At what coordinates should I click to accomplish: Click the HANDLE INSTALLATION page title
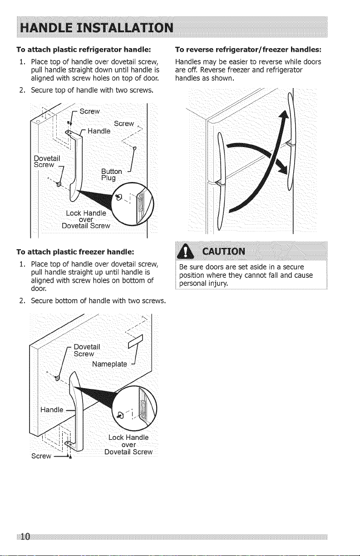[x=97, y=27]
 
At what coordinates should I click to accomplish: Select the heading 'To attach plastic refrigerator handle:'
[x=84, y=49]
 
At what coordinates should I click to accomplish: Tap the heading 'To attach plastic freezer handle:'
[x=75, y=252]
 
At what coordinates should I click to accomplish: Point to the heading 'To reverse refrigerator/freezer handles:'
[x=248, y=49]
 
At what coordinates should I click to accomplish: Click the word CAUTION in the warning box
[x=224, y=251]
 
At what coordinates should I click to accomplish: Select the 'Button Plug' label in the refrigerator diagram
[x=112, y=175]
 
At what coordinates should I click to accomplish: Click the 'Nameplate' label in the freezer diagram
[x=109, y=364]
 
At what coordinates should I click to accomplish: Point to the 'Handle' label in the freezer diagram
[x=52, y=409]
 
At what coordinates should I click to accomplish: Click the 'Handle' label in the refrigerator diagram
[x=99, y=131]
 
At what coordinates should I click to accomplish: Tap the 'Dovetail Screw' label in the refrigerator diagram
[x=47, y=161]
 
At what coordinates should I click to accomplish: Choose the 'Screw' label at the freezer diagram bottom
[x=41, y=456]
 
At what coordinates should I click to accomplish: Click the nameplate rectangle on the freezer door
[x=136, y=341]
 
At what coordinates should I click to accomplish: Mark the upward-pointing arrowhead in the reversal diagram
[x=284, y=116]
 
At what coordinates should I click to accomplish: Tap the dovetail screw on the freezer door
[x=57, y=378]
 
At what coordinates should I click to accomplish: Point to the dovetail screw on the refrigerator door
[x=59, y=184]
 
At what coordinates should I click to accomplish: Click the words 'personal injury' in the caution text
[x=203, y=284]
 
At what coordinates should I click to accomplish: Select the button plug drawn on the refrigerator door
[x=134, y=148]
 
